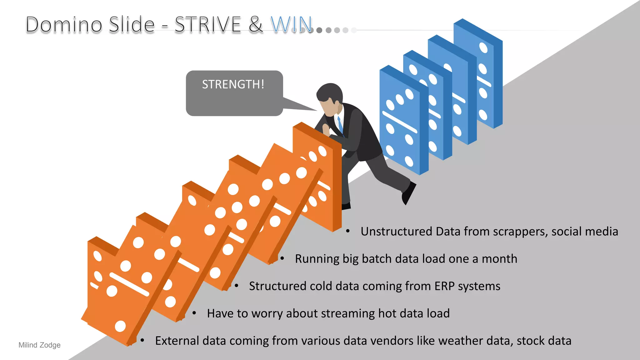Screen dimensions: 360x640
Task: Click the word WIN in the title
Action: click(x=291, y=24)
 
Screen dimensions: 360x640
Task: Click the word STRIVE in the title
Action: click(x=207, y=24)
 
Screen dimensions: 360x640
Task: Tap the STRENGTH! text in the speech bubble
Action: click(x=233, y=84)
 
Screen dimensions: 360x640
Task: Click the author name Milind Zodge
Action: click(x=39, y=345)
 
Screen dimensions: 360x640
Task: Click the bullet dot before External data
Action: click(x=142, y=340)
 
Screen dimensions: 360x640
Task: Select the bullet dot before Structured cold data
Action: click(x=237, y=286)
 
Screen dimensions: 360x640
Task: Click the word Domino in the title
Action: click(x=64, y=24)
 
